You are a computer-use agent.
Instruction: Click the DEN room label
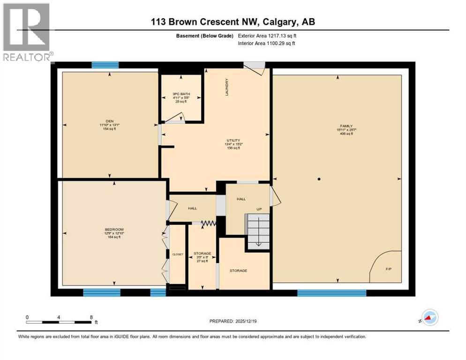[x=110, y=121]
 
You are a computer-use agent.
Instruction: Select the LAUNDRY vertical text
[x=227, y=87]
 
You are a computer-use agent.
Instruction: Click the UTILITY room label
[x=233, y=140]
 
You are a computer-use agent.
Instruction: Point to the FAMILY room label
[x=346, y=126]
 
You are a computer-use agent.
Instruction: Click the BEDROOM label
[x=114, y=229]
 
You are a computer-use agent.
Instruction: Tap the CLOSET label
[x=177, y=254]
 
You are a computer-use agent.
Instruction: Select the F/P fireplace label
[x=388, y=270]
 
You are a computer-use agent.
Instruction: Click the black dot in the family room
[x=318, y=179]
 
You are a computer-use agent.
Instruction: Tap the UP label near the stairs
[x=258, y=209]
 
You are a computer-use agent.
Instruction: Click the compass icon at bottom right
[x=429, y=318]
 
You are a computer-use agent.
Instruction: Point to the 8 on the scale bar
[x=90, y=317]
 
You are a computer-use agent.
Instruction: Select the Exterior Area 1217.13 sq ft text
[x=267, y=36]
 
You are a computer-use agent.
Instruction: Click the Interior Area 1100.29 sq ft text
[x=266, y=44]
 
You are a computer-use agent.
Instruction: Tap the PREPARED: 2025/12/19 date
[x=233, y=321]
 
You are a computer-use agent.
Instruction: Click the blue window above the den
[x=105, y=66]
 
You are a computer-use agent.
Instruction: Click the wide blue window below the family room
[x=331, y=293]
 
